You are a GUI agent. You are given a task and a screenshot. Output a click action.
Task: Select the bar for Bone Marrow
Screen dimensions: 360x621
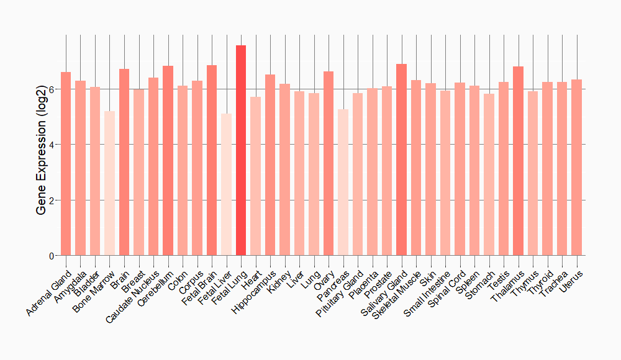109,183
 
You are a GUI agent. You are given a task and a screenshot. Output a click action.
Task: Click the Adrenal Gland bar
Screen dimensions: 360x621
66,164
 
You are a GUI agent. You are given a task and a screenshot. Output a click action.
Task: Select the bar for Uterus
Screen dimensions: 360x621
576,168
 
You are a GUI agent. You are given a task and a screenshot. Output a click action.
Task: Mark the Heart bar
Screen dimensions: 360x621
255,176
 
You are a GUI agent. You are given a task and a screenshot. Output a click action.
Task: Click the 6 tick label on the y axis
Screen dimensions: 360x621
52,89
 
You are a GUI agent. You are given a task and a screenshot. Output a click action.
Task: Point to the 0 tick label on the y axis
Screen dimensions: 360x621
52,256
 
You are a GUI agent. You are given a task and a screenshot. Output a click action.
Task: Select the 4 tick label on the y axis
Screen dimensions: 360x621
52,145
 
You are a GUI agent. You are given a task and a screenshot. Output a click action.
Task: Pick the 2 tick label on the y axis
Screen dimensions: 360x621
52,200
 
